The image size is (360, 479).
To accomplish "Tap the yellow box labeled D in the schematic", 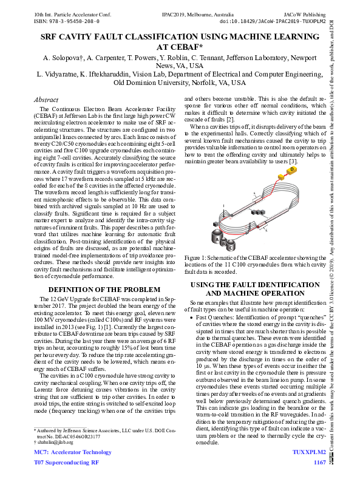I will click(292, 171).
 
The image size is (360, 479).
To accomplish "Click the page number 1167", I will click(319, 463).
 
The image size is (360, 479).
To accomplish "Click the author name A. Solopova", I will click(63, 58).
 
